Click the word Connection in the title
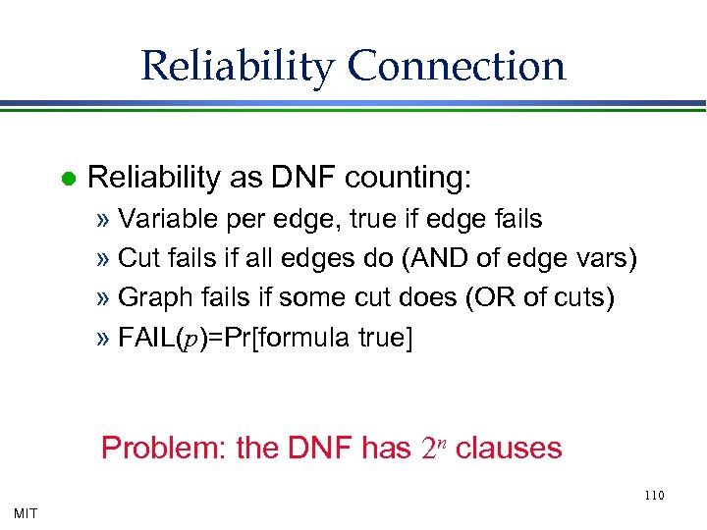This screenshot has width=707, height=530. [x=457, y=67]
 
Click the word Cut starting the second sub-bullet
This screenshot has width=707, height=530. [x=136, y=259]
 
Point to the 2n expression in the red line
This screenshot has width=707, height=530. [x=433, y=449]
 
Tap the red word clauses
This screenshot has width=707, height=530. [x=509, y=449]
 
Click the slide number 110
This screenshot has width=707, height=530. [x=654, y=495]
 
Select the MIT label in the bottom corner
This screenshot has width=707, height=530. [x=27, y=511]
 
